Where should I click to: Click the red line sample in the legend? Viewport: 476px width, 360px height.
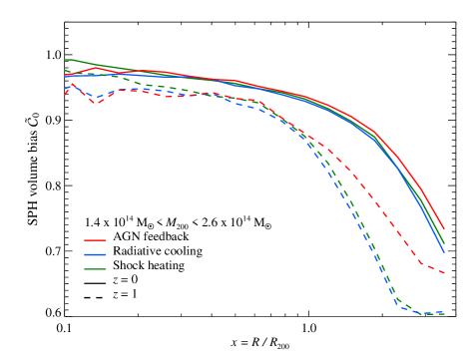(95, 240)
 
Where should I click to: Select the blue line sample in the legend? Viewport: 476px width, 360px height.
(95, 254)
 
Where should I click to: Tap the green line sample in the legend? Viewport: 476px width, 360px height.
(95, 269)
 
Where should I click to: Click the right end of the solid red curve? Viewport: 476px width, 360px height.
(444, 228)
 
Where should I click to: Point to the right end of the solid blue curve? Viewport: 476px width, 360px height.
(444, 250)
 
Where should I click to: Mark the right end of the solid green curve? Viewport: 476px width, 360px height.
(444, 239)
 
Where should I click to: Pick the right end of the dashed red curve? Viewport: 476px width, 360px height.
(444, 273)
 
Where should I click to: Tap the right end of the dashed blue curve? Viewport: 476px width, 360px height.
(444, 313)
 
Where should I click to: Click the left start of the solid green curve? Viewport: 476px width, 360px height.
(65, 60)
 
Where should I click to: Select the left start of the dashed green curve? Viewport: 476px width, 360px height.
(65, 70)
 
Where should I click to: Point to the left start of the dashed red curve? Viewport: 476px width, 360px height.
(65, 95)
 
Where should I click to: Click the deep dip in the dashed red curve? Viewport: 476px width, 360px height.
(95, 103)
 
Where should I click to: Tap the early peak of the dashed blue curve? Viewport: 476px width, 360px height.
(72, 84)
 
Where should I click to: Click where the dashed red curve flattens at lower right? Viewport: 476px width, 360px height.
(424, 265)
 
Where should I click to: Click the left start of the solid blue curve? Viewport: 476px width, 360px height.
(65, 77)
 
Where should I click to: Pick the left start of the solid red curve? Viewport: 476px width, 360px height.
(65, 74)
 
